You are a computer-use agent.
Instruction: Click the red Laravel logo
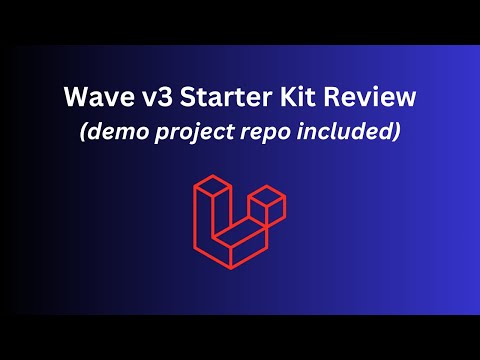pos(240,220)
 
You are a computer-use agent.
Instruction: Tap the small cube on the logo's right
pos(268,208)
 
